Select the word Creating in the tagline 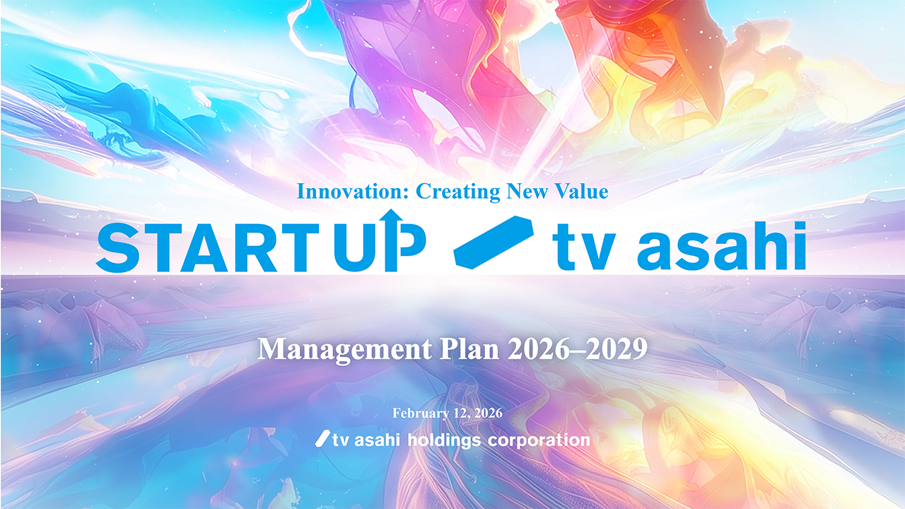click(x=457, y=192)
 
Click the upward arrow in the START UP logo click(x=391, y=240)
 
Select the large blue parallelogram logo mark click(x=494, y=242)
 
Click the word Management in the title click(x=344, y=350)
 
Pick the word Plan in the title click(x=469, y=349)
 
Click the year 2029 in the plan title click(x=624, y=349)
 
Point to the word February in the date click(x=421, y=414)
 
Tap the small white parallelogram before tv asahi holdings click(x=323, y=438)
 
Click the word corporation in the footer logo click(x=539, y=440)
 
